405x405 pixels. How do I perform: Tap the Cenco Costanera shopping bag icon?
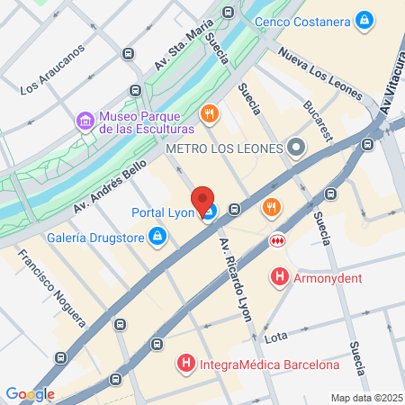coord(364,20)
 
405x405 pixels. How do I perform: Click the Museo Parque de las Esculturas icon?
coord(85,119)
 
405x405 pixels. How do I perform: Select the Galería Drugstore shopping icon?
coord(157,237)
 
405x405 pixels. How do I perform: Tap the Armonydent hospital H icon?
coord(281,277)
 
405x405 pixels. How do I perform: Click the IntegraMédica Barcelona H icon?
coord(186,364)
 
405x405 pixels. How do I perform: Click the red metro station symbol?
coord(277,240)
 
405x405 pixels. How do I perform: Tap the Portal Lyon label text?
coord(163,212)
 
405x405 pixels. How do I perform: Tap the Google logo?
coord(30,394)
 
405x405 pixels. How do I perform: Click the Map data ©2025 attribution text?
coord(364,398)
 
